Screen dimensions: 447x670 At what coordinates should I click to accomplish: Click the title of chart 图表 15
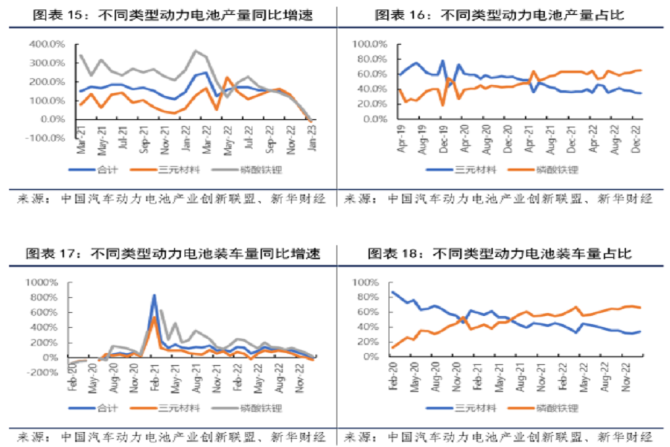point(167,14)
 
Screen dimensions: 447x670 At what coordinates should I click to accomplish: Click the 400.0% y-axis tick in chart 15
point(46,45)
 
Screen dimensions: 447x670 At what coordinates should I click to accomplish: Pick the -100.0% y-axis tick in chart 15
point(45,138)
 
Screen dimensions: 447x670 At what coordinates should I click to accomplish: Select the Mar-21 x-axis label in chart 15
point(79,139)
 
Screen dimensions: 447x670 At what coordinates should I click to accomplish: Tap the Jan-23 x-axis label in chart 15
point(310,139)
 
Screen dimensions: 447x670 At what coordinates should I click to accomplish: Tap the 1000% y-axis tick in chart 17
point(42,283)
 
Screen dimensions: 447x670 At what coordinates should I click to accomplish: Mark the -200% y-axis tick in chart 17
point(42,372)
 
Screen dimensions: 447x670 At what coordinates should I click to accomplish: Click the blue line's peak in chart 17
point(154,296)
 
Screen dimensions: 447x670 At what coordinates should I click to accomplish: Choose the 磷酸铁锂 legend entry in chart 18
point(559,408)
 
